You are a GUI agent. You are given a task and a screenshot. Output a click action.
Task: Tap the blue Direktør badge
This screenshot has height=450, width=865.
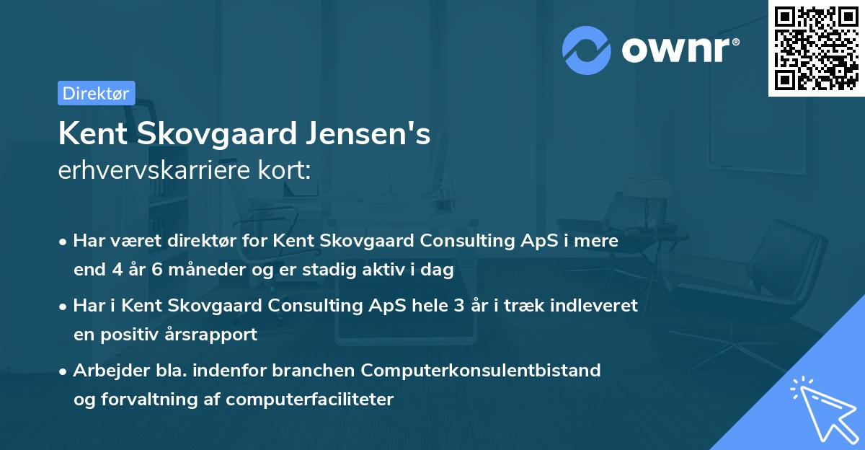point(96,93)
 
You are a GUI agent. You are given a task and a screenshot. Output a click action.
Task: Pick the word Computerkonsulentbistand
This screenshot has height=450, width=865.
point(481,371)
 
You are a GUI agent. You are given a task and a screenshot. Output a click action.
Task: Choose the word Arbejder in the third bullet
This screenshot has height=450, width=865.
point(105,371)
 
